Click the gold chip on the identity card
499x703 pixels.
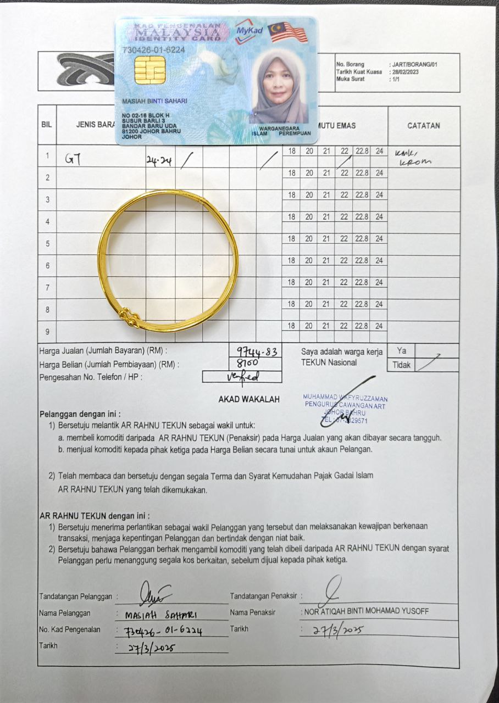tap(150, 70)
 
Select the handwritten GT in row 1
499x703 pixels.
tap(73, 159)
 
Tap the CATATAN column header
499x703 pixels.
tap(423, 126)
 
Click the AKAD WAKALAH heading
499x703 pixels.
tap(249, 399)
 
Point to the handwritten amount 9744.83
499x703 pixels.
tap(256, 352)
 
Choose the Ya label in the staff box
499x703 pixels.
tap(402, 351)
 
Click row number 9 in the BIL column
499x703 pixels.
tap(47, 332)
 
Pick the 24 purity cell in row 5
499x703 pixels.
tap(379, 239)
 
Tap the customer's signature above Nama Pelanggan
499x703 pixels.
tap(155, 594)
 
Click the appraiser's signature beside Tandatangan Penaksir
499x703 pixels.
tap(335, 588)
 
